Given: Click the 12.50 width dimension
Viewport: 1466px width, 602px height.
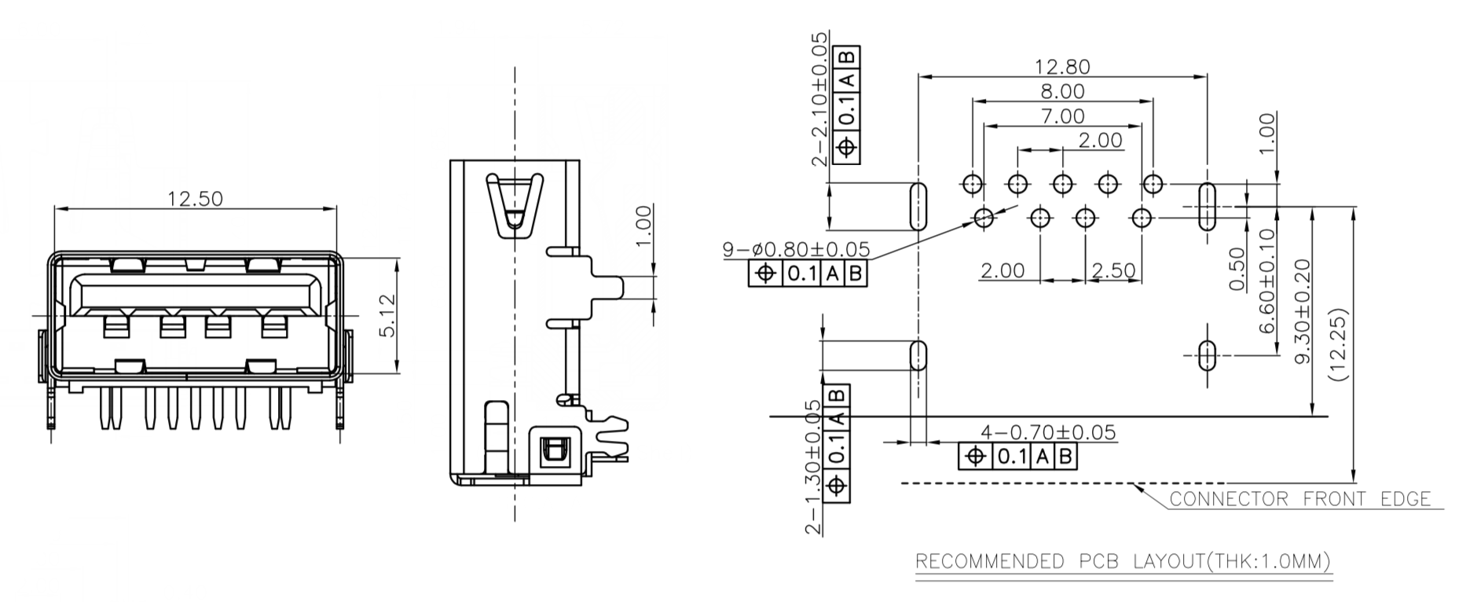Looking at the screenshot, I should click(x=195, y=198).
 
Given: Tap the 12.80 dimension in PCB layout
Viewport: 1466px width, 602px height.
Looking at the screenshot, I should click(x=1061, y=67).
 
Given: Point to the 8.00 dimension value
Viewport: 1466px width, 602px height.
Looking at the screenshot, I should click(x=1061, y=92).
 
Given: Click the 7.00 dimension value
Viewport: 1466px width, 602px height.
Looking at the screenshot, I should click(x=1061, y=116).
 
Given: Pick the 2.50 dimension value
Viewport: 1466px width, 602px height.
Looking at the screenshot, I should click(x=1113, y=270).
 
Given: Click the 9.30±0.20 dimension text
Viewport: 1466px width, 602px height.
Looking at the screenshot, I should click(x=1303, y=311).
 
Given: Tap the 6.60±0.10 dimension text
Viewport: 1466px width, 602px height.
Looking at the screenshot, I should click(x=1266, y=281).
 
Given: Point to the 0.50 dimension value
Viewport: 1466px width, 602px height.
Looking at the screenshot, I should click(x=1237, y=269).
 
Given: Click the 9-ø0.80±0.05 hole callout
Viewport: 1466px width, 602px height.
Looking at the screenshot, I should click(x=796, y=250).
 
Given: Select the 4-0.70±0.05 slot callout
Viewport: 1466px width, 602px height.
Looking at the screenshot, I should click(x=1047, y=432).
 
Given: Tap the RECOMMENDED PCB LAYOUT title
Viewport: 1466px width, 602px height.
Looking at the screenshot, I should click(x=1123, y=561).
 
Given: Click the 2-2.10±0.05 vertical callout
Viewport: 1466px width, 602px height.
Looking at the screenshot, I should click(x=820, y=98).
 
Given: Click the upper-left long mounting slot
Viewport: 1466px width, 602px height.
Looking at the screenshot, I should click(x=917, y=206).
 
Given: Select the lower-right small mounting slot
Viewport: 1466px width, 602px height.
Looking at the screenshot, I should click(x=1207, y=355).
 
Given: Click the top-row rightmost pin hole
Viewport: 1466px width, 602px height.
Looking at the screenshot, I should click(x=1153, y=185).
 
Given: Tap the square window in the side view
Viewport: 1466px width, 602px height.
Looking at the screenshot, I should click(x=554, y=450).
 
